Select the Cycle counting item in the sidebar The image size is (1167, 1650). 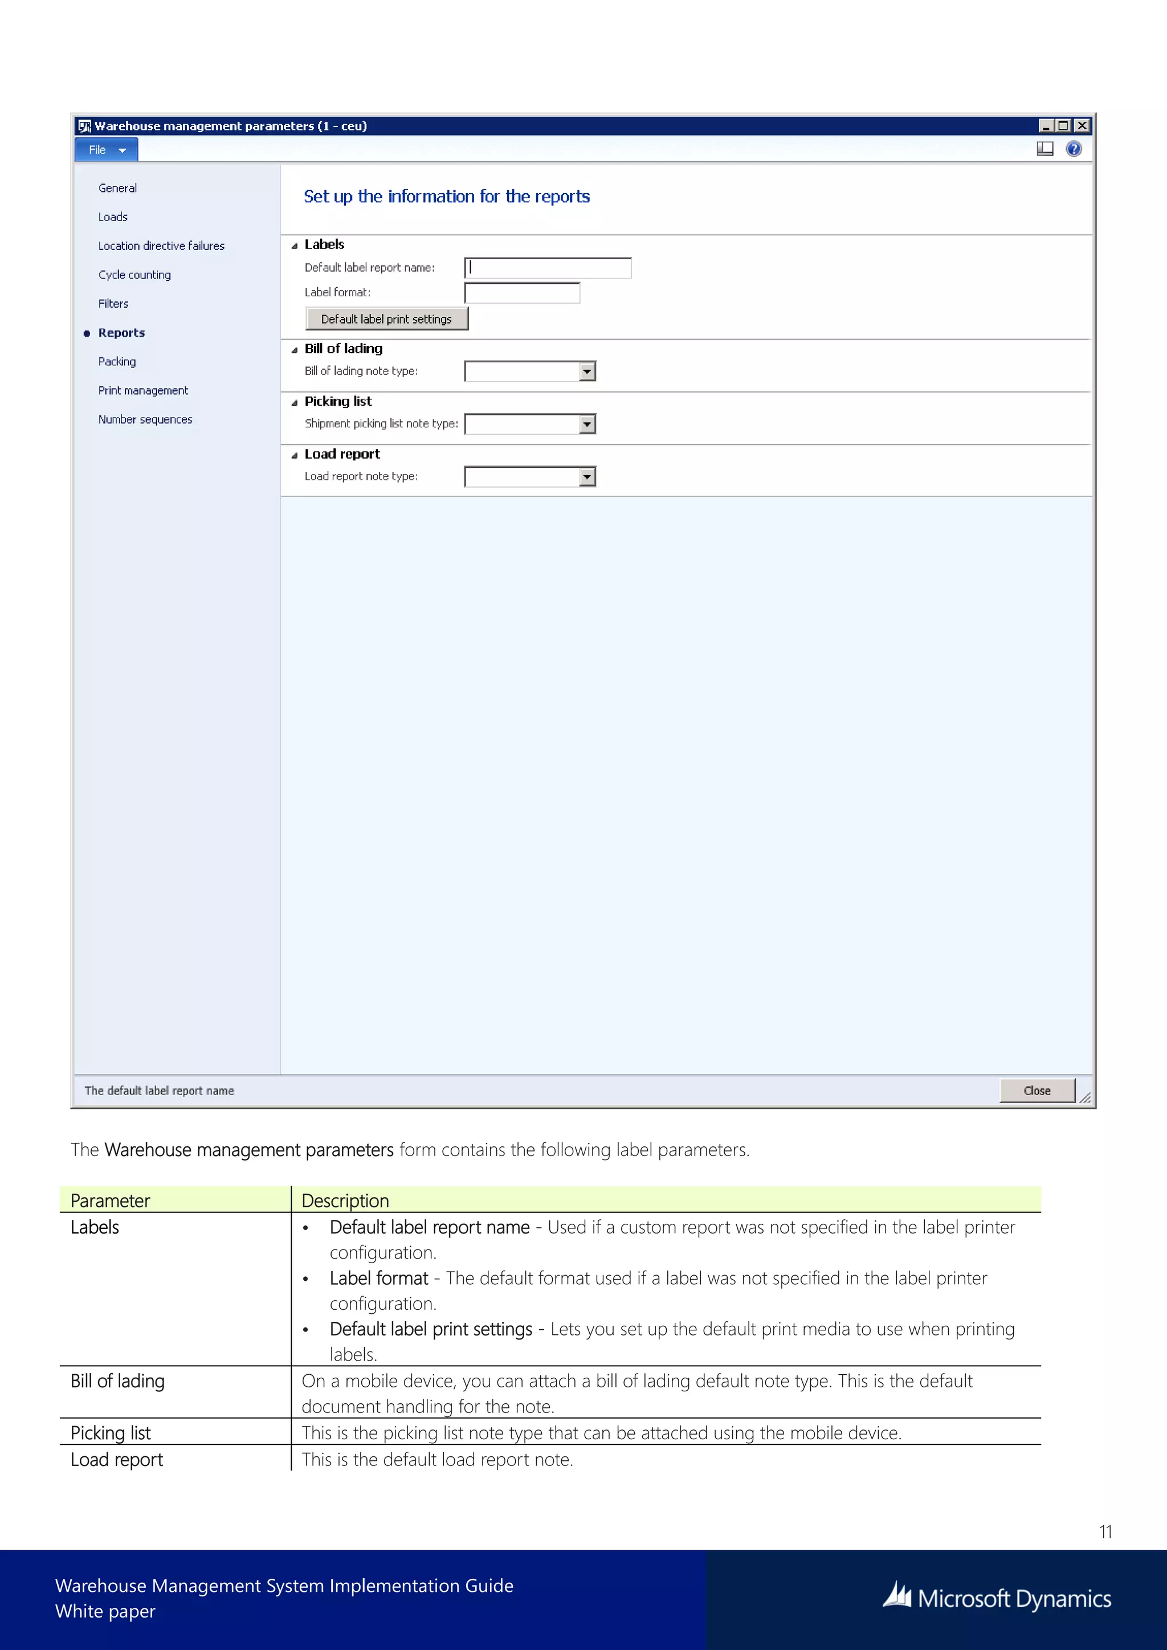coord(134,275)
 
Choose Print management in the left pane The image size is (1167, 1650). coord(143,390)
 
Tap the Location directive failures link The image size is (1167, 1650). coord(161,246)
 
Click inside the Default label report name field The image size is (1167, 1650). coord(548,268)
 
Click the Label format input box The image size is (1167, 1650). coord(522,292)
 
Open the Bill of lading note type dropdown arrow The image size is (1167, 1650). coord(587,371)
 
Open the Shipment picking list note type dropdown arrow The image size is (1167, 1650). coord(587,424)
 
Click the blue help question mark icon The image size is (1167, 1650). coord(1073,149)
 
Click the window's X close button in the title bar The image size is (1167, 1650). coord(1082,126)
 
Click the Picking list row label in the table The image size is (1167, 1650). coord(111,1432)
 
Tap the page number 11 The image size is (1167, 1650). coord(1105,1531)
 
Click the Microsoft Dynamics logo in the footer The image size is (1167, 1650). coord(997,1598)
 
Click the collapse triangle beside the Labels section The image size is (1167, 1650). coord(294,246)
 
